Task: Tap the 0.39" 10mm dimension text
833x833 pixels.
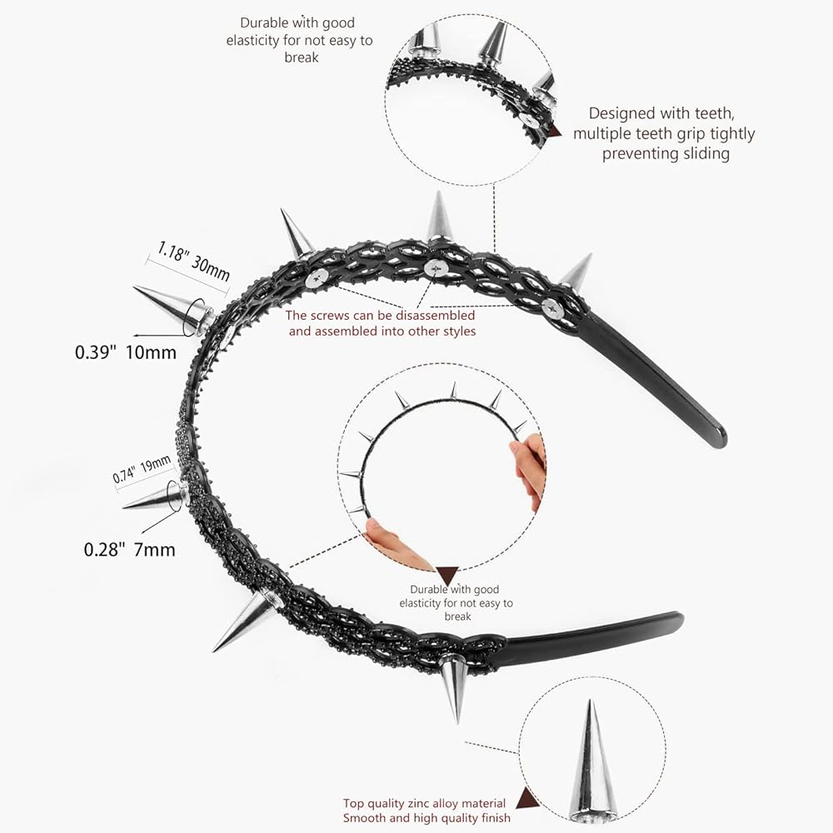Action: pos(126,352)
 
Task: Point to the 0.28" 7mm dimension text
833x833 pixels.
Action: pos(129,549)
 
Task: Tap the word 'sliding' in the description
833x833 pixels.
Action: pos(701,153)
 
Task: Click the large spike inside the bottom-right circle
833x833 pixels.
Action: pos(592,762)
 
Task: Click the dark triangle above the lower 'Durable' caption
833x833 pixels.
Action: pos(447,575)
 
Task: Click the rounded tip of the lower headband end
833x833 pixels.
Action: pos(676,621)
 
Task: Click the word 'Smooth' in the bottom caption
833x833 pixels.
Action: pos(364,818)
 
